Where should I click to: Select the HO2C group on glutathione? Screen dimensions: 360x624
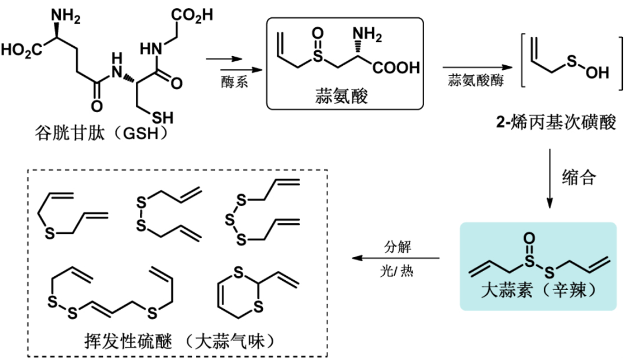click(20, 49)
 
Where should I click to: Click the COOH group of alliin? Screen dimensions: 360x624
click(397, 68)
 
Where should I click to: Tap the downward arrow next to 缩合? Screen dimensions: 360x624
click(549, 179)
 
